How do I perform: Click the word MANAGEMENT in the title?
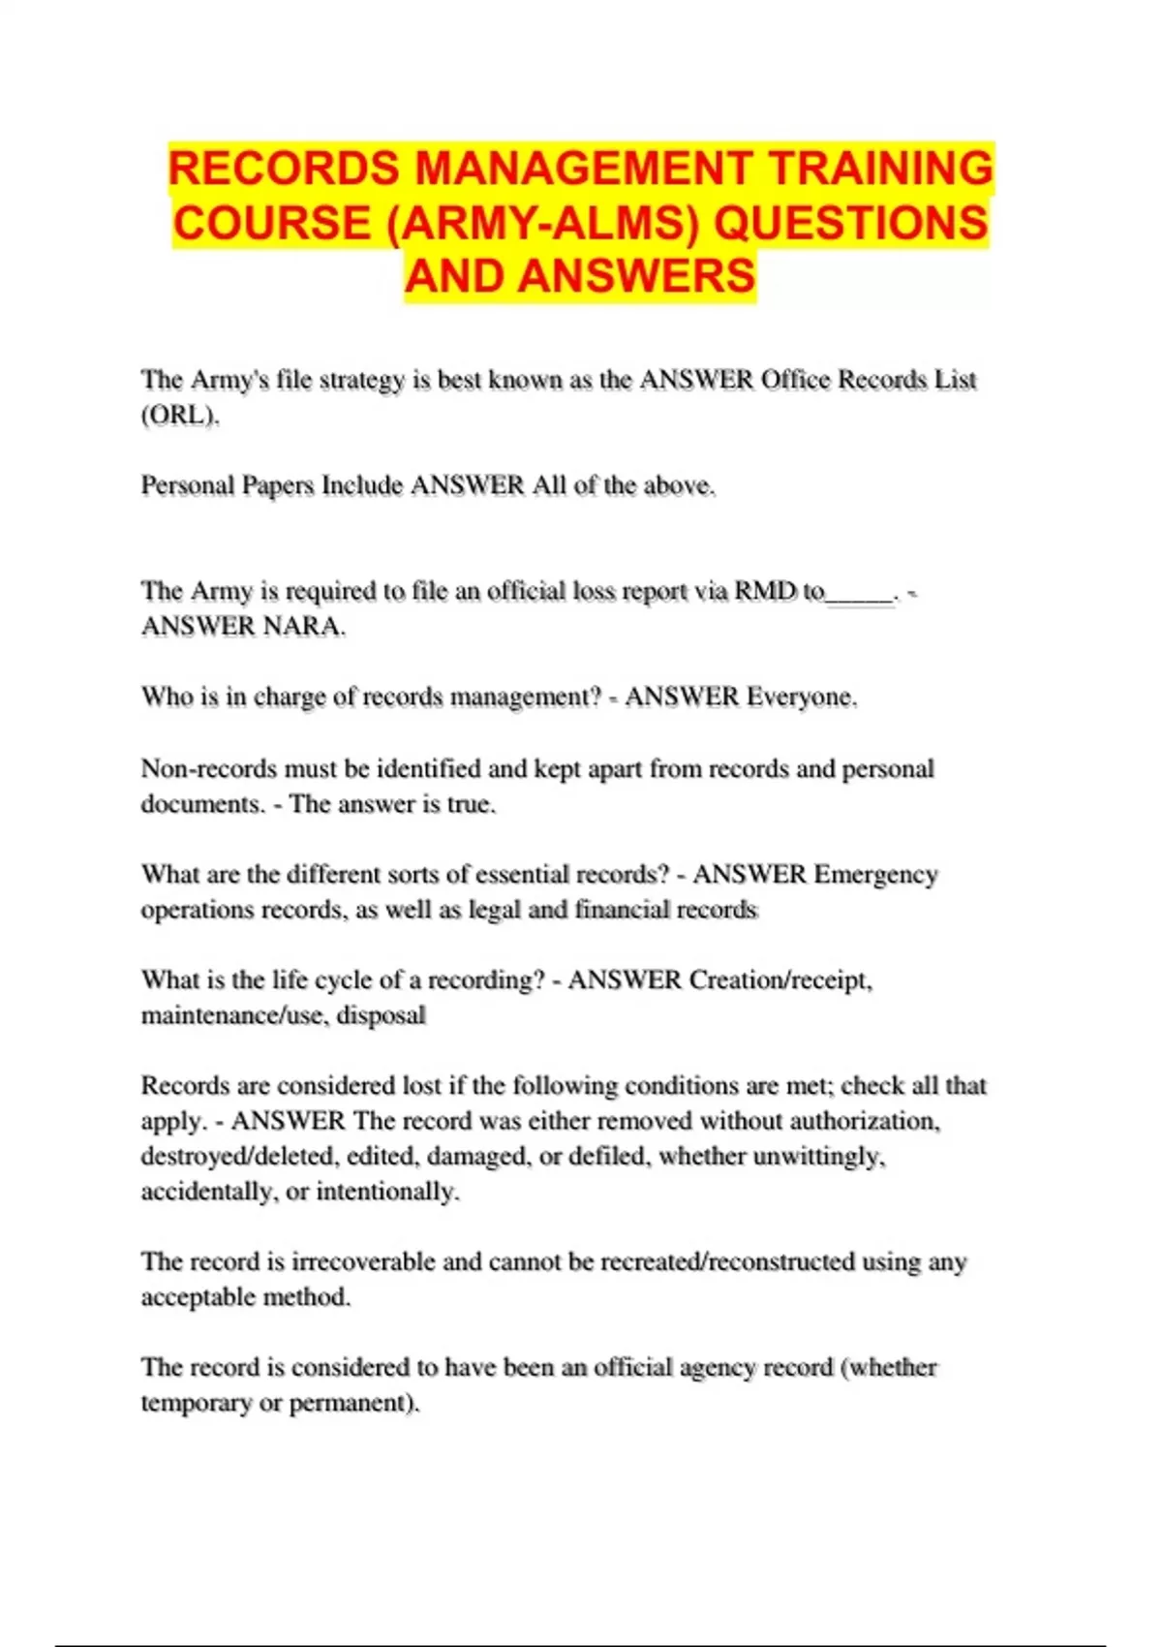coord(584,168)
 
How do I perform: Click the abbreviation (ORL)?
coord(180,416)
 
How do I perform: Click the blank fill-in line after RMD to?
coord(860,592)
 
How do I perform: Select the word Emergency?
coord(875,875)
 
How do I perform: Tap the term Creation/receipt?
coord(780,980)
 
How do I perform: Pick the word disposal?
coord(382,1015)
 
